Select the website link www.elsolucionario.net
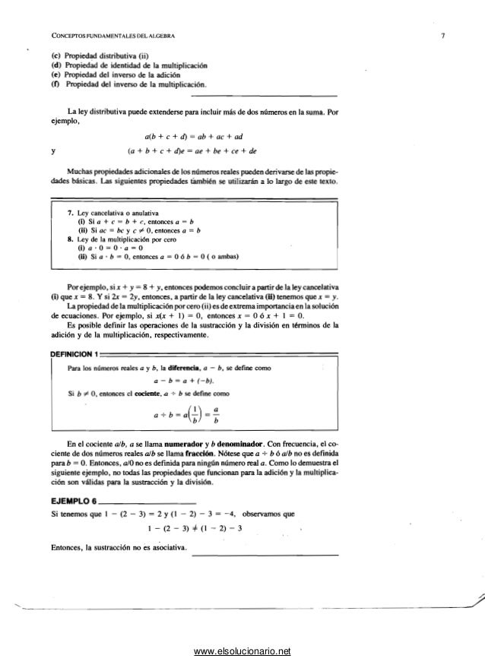(x=242, y=651)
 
